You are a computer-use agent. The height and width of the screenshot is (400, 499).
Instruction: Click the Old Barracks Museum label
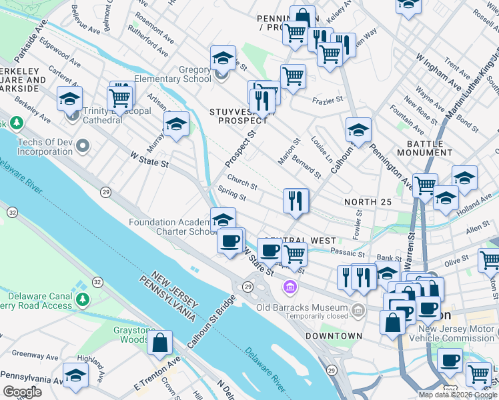(x=303, y=307)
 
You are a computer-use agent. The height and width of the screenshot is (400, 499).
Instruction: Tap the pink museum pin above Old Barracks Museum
(x=290, y=287)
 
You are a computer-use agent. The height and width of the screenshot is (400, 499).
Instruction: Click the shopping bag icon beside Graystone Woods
(x=161, y=343)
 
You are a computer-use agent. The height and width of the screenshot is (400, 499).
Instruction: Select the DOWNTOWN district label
(x=334, y=336)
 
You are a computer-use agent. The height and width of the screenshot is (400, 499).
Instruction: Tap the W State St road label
(x=149, y=159)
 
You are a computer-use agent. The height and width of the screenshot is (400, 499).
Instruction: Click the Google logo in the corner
(x=22, y=391)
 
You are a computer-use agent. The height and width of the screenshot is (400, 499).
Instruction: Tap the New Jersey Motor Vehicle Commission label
(x=457, y=333)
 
